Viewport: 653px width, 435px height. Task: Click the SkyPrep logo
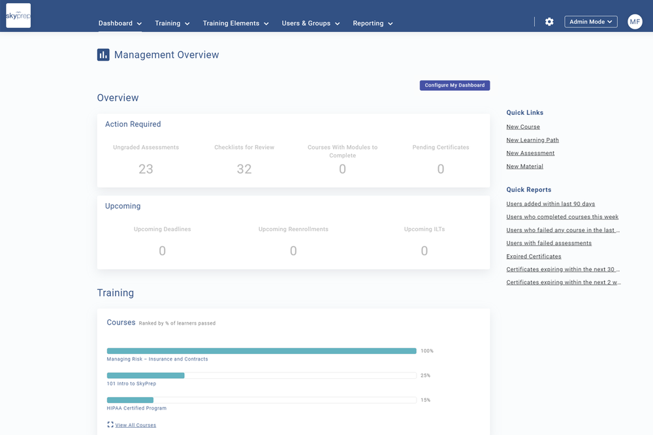point(18,16)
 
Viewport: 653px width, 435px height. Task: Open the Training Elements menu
point(236,24)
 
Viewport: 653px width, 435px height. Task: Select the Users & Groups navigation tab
point(311,24)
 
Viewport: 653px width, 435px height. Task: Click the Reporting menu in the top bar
point(373,24)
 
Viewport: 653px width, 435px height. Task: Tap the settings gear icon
point(549,22)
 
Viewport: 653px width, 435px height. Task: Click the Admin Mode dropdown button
point(591,22)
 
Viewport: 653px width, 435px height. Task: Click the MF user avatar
point(635,22)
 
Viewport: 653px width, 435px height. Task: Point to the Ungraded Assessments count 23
point(146,169)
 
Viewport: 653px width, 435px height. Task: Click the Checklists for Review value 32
point(244,169)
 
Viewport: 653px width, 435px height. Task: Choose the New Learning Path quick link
point(532,140)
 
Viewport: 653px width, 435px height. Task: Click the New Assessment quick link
point(530,153)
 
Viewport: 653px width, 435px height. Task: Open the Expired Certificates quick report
point(534,256)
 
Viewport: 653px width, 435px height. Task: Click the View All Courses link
point(135,425)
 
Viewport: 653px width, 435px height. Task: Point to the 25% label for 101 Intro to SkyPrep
point(426,376)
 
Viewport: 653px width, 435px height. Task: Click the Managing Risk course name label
point(157,359)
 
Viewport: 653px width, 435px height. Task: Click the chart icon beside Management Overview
point(103,55)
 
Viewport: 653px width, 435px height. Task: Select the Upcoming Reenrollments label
point(293,229)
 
